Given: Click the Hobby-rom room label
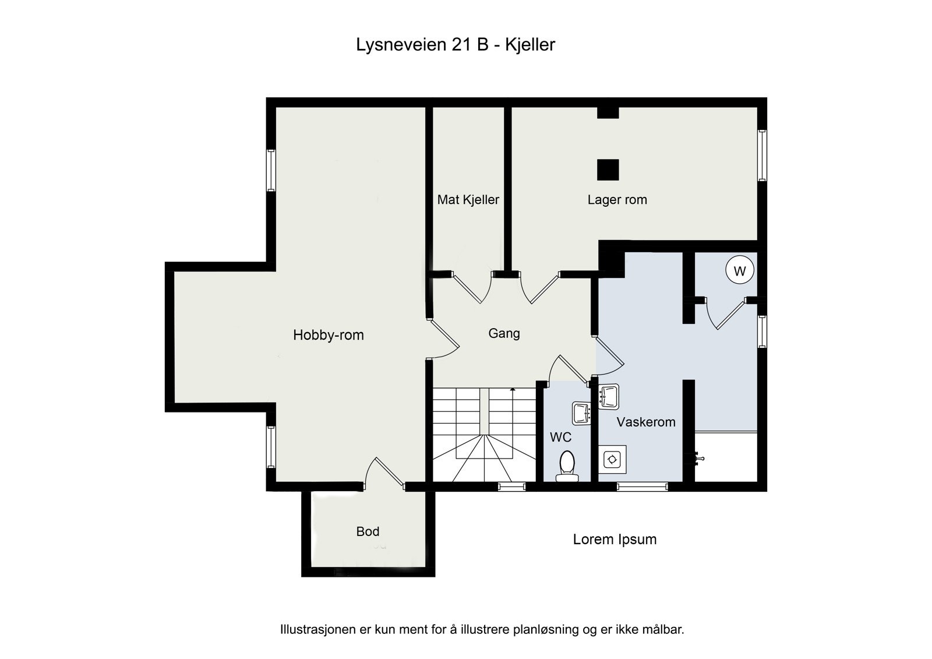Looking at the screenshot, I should [328, 335].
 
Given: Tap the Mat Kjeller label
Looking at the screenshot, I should [468, 200].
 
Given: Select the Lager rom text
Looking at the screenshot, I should [617, 200].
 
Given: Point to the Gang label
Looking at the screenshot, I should [504, 333].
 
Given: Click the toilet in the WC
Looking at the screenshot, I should [566, 467].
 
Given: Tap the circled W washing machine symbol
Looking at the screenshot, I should [740, 271].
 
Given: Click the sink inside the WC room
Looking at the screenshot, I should [582, 413].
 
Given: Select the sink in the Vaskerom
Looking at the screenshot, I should [609, 396].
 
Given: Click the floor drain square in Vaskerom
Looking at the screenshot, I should [613, 459].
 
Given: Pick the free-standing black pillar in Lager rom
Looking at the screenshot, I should [608, 170].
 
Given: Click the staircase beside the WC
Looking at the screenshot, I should [483, 434].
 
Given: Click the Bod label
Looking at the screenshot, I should [368, 531].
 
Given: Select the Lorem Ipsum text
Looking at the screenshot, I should [615, 540].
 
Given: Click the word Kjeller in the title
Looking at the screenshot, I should [530, 45].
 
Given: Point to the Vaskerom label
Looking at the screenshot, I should [645, 422].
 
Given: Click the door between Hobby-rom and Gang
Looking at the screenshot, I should [443, 340].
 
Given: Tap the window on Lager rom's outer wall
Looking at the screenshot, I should [762, 155].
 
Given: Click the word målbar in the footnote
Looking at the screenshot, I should [663, 629].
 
